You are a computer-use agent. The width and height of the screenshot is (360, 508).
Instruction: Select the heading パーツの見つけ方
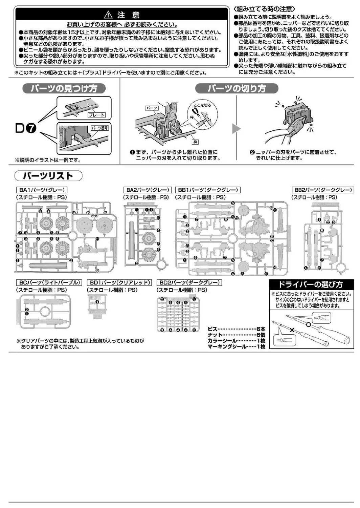tap(64, 89)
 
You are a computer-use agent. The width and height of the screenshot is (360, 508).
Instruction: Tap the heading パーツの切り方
tap(237, 89)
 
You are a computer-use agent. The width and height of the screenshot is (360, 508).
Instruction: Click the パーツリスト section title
tap(48, 176)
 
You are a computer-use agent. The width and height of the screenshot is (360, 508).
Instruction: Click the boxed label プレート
tap(96, 115)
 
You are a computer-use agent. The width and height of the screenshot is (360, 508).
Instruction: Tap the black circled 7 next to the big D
tap(31, 129)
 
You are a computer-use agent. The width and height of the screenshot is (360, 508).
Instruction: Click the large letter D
tap(21, 129)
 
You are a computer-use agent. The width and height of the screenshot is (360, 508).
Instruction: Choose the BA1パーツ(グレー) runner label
tap(41, 190)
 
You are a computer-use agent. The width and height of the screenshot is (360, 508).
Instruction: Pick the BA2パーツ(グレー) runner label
tap(147, 190)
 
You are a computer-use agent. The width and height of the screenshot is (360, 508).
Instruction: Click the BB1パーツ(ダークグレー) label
tap(207, 190)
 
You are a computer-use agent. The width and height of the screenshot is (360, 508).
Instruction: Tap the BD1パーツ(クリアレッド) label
tap(119, 282)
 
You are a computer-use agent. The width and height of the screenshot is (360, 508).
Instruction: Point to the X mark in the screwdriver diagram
tap(291, 329)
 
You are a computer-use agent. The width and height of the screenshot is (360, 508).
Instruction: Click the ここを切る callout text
tap(202, 105)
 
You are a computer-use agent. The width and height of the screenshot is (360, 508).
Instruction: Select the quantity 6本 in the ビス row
tap(261, 329)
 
